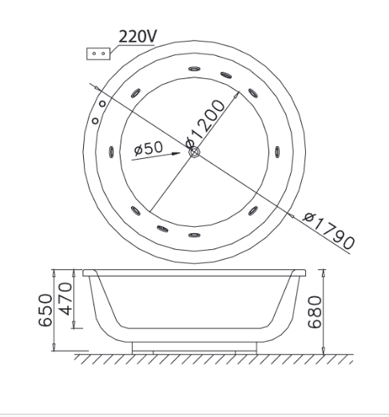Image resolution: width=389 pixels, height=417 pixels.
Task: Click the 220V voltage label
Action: [137, 36]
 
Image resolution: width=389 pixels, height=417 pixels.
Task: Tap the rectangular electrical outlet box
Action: [98, 54]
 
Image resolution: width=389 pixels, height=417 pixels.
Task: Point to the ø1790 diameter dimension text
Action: [329, 231]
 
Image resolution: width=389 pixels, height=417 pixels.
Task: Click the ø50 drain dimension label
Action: [149, 148]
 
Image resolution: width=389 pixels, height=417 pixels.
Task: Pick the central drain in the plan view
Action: [194, 153]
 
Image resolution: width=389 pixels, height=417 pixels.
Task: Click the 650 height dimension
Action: [46, 310]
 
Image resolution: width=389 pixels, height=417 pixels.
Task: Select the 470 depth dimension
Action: [65, 299]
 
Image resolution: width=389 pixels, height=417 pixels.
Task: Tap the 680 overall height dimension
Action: [315, 312]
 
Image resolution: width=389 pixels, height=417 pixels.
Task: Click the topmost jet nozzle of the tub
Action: [194, 69]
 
